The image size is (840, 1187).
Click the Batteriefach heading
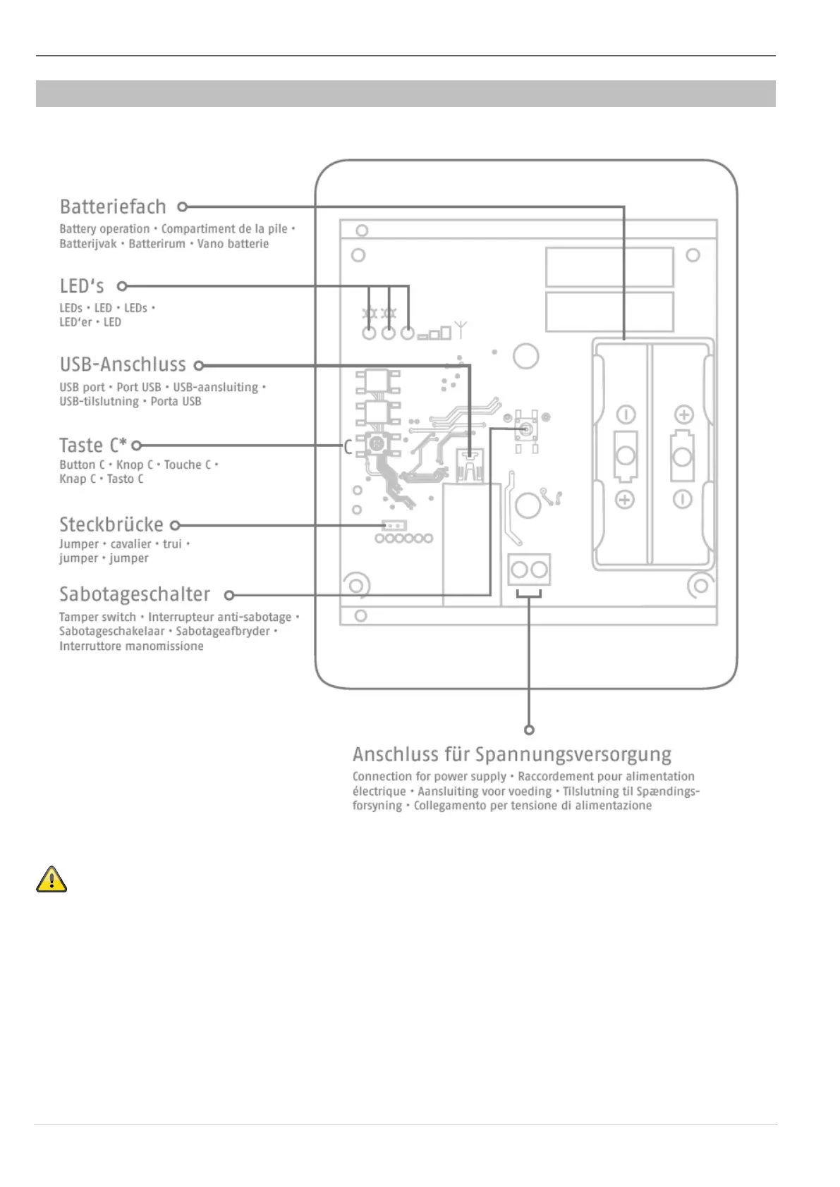pos(113,207)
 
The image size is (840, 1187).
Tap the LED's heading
pos(82,286)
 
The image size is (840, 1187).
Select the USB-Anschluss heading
pos(123,364)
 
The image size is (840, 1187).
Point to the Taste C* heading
pos(93,445)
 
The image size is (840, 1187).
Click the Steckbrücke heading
pos(111,524)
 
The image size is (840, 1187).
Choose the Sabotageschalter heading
pos(135,594)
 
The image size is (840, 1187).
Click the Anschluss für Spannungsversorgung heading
pos(511,754)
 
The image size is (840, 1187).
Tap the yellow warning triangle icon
pos(51,880)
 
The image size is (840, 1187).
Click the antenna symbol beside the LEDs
pos(461,329)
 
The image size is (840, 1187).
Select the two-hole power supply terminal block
pos(529,570)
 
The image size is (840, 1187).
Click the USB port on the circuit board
pos(469,465)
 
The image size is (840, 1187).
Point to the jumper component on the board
pos(394,525)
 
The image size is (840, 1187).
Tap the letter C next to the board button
pos(348,447)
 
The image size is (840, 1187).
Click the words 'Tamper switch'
pos(97,617)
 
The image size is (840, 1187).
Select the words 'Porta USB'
pos(176,402)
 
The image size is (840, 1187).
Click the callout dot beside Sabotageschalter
pos(229,596)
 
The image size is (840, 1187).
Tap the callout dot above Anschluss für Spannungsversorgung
pos(529,730)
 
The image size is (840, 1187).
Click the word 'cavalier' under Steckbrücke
pos(130,544)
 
